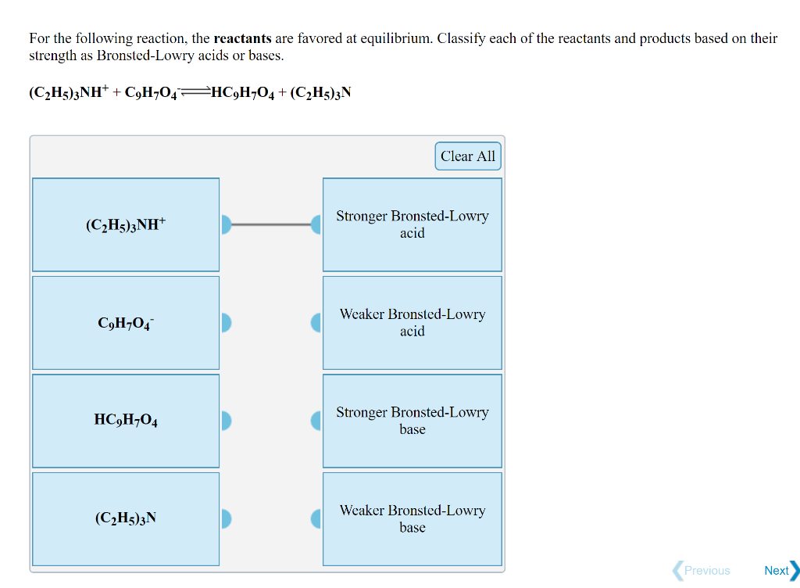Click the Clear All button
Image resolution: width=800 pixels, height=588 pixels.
[467, 156]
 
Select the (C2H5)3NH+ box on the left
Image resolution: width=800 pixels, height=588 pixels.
[126, 225]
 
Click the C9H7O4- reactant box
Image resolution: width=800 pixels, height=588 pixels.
[126, 323]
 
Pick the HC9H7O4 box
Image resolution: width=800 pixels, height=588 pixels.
[126, 421]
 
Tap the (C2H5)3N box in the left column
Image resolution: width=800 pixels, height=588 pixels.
[126, 518]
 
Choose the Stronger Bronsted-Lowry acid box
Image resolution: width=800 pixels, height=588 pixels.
[412, 225]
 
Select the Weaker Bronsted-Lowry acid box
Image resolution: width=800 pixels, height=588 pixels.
[412, 323]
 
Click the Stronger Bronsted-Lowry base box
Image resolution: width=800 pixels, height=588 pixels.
[412, 421]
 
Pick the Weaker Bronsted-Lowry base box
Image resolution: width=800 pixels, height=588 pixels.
[412, 518]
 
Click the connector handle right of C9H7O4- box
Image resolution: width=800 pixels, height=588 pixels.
[226, 323]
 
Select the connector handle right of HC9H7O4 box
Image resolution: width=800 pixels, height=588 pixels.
[226, 421]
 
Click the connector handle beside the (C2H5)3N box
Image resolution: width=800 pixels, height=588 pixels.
[226, 518]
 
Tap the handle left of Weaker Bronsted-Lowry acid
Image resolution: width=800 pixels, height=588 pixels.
[316, 323]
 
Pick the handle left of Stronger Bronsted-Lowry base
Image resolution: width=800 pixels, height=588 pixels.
[316, 421]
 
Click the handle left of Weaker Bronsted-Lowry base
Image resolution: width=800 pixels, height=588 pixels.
[316, 518]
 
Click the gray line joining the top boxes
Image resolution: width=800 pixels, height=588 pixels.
[271, 225]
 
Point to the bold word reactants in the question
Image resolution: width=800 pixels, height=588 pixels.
[242, 38]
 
